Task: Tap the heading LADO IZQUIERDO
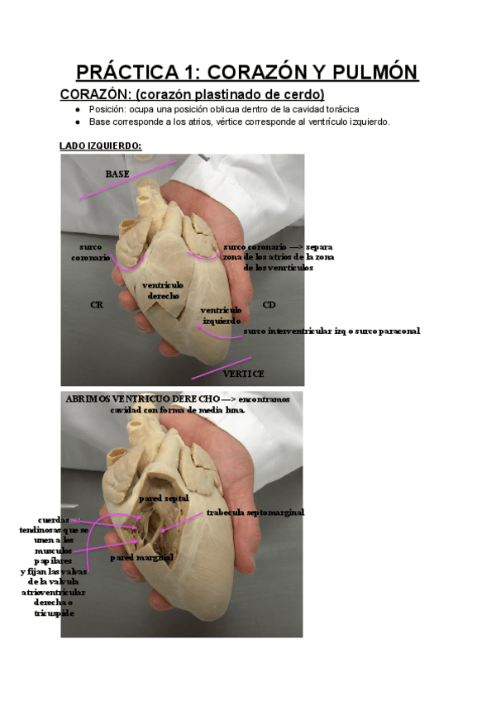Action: click(100, 145)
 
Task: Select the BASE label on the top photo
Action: click(117, 174)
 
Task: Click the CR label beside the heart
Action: click(96, 305)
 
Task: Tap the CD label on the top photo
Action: click(269, 305)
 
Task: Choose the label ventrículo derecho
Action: click(162, 290)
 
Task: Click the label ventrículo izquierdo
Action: click(221, 315)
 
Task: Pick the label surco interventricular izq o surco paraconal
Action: click(331, 331)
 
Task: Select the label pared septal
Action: click(164, 498)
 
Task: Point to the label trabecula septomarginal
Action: click(255, 513)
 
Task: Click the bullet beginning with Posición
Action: click(223, 109)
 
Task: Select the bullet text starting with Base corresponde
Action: click(239, 122)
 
